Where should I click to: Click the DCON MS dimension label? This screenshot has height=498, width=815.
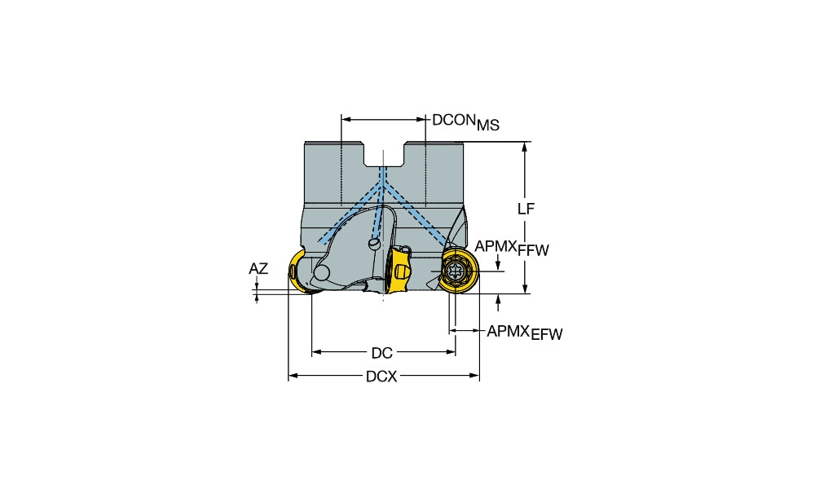tap(465, 121)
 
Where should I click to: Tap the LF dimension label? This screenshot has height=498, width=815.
tap(526, 209)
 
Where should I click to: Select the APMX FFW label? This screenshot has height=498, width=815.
tap(512, 248)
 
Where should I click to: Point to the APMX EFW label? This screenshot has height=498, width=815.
tap(525, 332)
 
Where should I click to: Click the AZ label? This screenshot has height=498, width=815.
tap(258, 269)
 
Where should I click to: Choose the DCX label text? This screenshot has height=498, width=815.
tap(382, 377)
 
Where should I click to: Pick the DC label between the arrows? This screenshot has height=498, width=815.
tap(381, 353)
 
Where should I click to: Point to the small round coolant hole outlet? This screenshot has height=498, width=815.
tap(374, 243)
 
